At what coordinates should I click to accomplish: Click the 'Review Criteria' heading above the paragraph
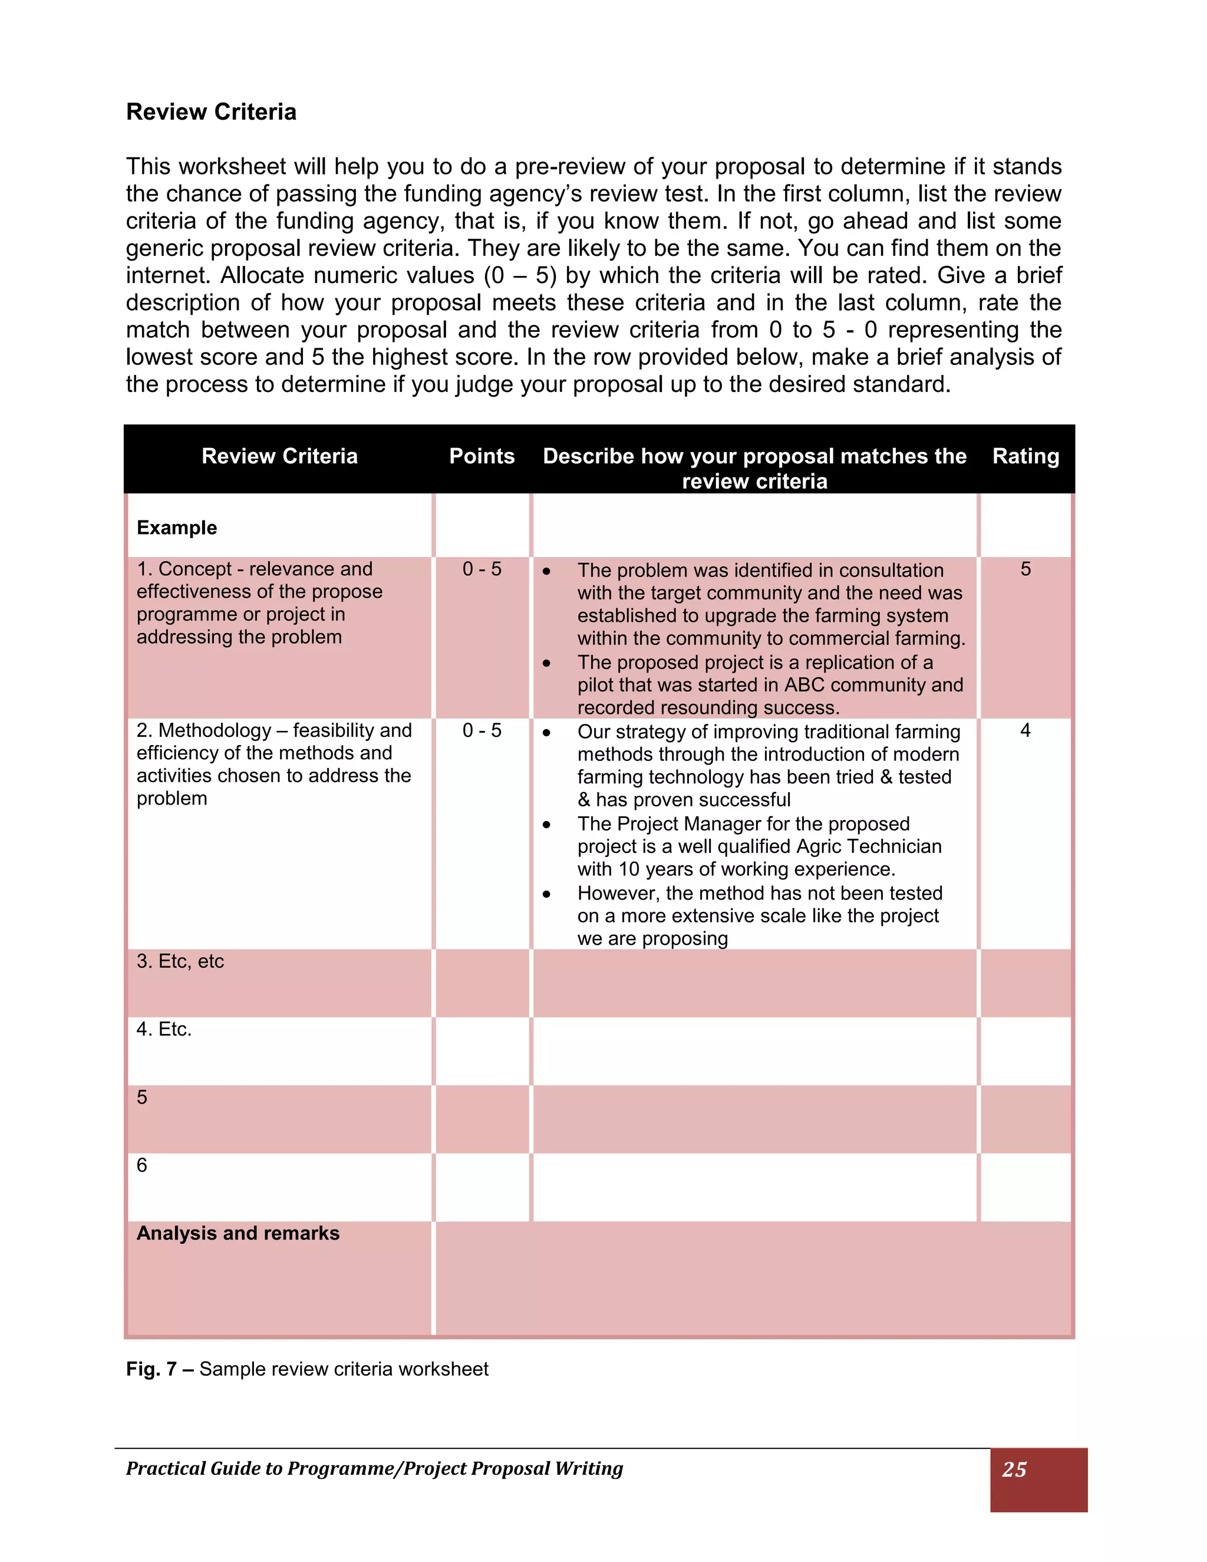pyautogui.click(x=211, y=112)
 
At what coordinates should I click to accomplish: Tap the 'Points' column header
pyautogui.click(x=482, y=456)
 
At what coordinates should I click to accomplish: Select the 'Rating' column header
pyautogui.click(x=1025, y=456)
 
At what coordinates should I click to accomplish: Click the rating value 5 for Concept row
pyautogui.click(x=1025, y=569)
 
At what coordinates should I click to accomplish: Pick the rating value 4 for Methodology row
pyautogui.click(x=1025, y=730)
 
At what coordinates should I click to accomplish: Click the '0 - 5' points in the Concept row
pyautogui.click(x=482, y=569)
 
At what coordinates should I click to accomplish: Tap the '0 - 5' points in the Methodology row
pyautogui.click(x=482, y=730)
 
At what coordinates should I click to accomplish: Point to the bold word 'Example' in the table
pyautogui.click(x=177, y=528)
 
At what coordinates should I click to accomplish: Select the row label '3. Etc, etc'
pyautogui.click(x=180, y=961)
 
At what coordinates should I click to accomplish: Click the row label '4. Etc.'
pyautogui.click(x=164, y=1029)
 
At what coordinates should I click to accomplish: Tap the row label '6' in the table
pyautogui.click(x=141, y=1165)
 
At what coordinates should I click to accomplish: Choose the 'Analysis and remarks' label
pyautogui.click(x=238, y=1233)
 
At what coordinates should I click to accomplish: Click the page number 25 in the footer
pyautogui.click(x=1014, y=1469)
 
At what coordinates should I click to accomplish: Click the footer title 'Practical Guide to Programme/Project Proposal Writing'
pyautogui.click(x=374, y=1468)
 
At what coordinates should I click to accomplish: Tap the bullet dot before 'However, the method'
pyautogui.click(x=546, y=894)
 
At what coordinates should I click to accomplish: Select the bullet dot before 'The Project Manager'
pyautogui.click(x=546, y=825)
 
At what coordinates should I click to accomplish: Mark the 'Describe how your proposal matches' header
pyautogui.click(x=754, y=456)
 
